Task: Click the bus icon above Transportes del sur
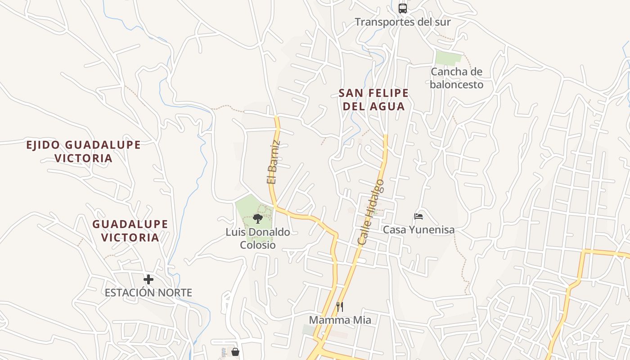pos(403,8)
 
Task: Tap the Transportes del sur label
pos(403,22)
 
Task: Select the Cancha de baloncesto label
pos(456,78)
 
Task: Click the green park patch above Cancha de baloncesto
pos(448,58)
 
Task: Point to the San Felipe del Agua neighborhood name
pos(373,99)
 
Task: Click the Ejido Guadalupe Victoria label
pos(83,151)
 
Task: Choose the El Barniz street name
pos(274,162)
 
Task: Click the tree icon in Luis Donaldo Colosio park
pos(257,219)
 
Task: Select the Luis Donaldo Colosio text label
pos(258,238)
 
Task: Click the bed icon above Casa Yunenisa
pos(418,216)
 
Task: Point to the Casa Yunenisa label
pos(418,229)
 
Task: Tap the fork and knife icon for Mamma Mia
pos(340,307)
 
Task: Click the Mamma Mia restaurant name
pos(340,320)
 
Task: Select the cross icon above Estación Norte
pos(148,279)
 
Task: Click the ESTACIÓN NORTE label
pos(148,292)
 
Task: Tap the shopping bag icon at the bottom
pos(235,352)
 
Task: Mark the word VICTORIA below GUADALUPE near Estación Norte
pos(130,237)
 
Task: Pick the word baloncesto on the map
pos(456,85)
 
